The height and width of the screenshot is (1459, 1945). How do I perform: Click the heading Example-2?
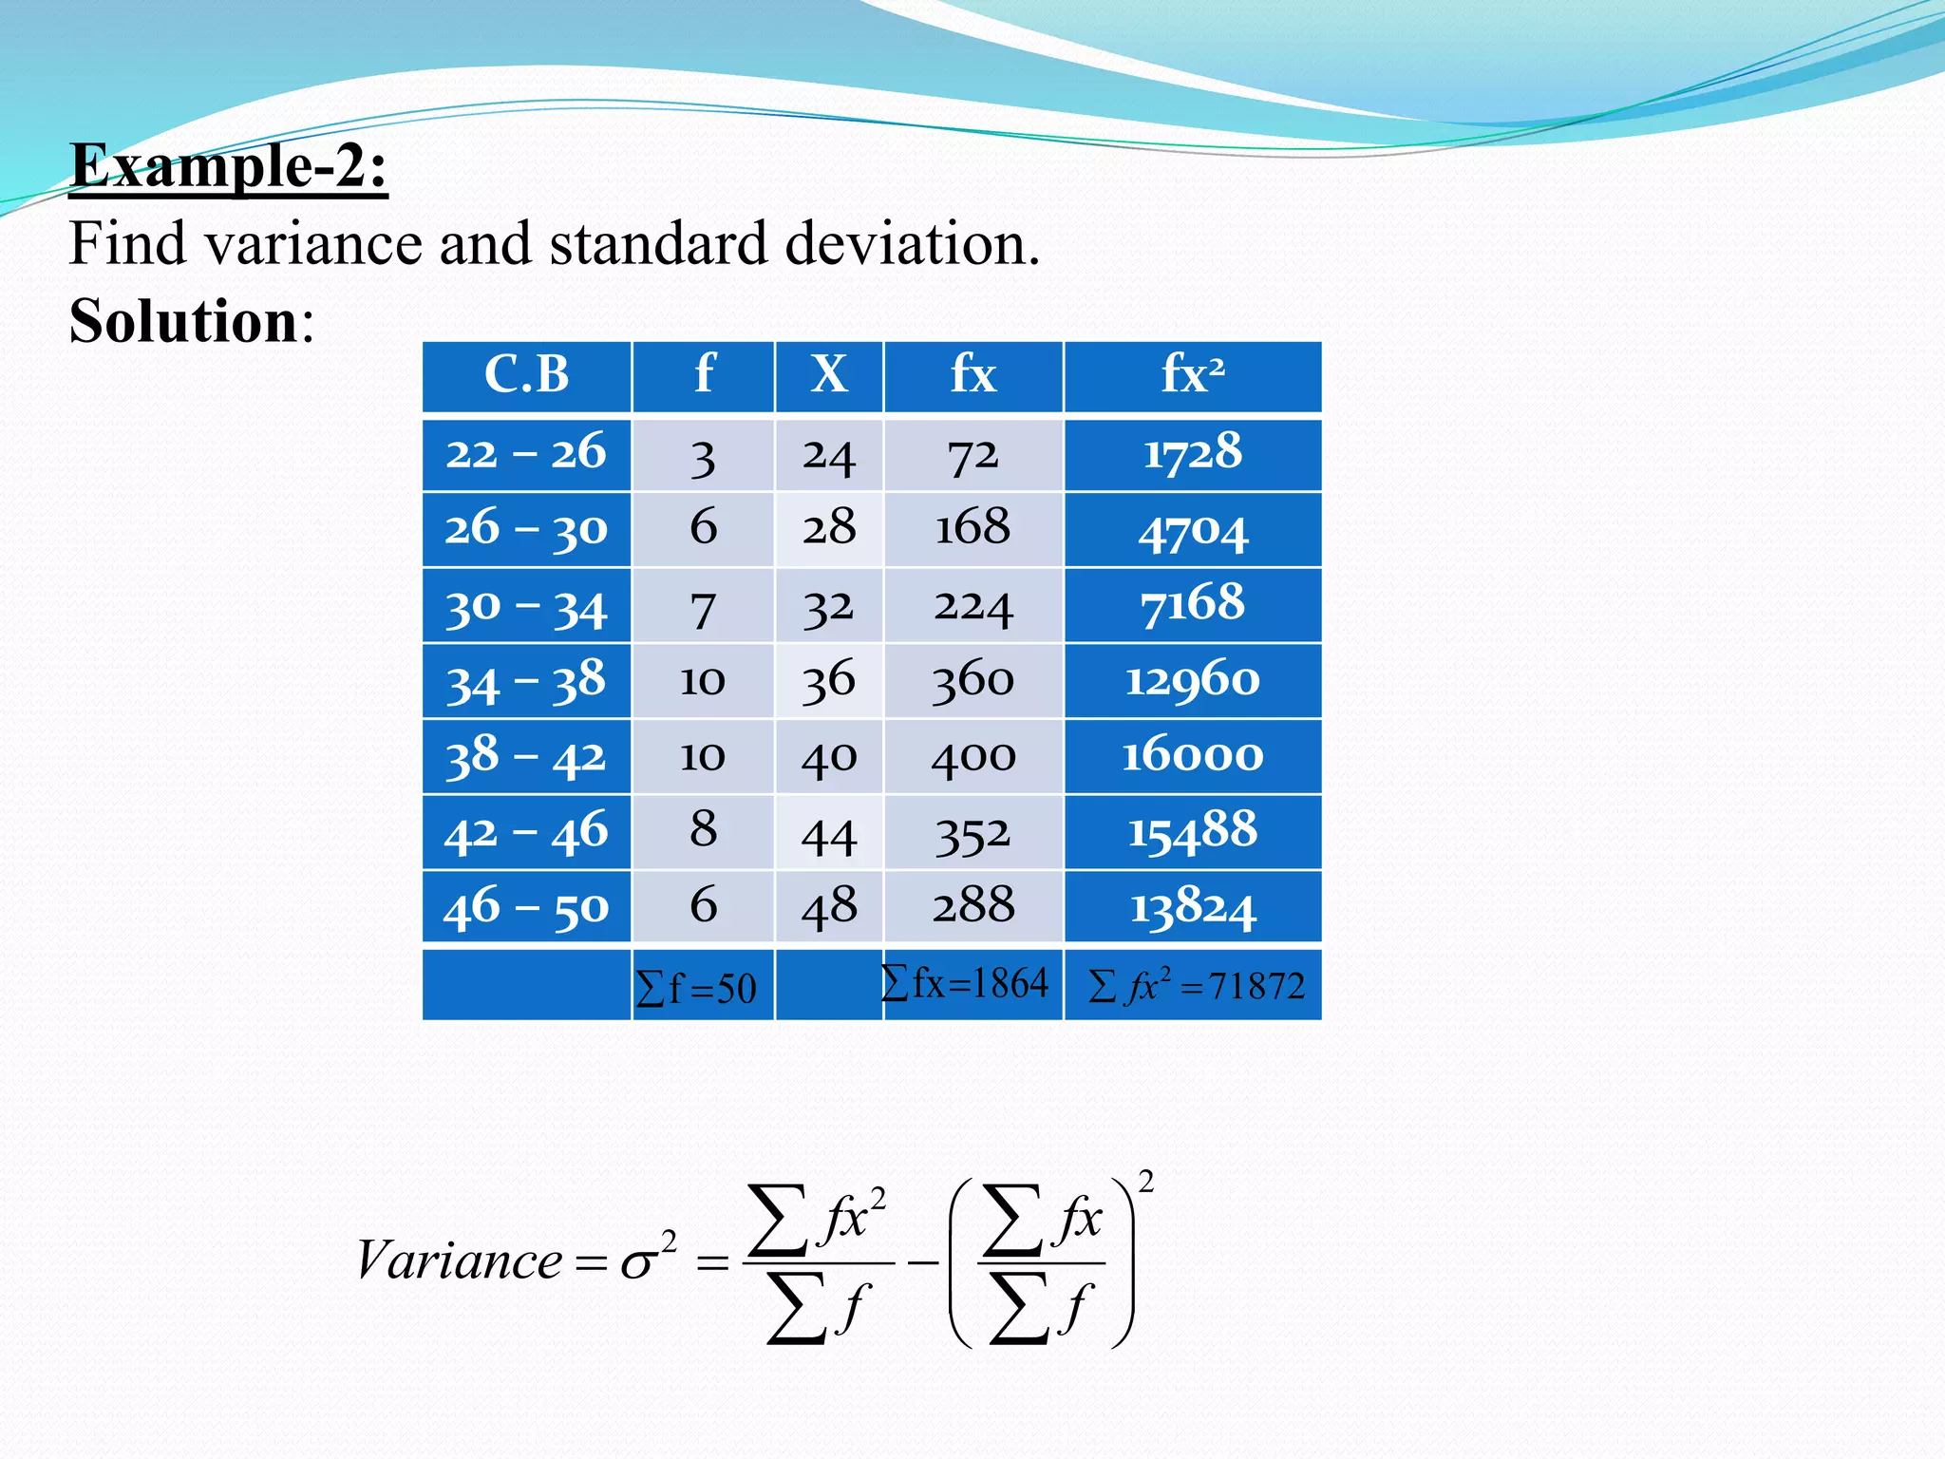click(229, 167)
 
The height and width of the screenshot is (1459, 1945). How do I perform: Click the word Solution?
click(184, 321)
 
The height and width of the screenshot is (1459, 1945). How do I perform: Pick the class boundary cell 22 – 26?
click(526, 453)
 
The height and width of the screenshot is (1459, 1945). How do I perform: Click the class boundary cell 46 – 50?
click(526, 907)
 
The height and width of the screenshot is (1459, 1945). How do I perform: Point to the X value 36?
click(829, 681)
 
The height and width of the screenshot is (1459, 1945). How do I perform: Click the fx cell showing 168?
click(972, 528)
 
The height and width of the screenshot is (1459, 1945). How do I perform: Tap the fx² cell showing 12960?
click(1193, 681)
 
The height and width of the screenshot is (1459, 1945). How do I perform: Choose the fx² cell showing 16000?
click(1193, 756)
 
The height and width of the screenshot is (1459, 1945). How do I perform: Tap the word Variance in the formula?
click(460, 1261)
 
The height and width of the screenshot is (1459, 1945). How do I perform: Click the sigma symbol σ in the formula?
click(639, 1263)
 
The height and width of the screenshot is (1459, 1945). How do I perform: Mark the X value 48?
click(829, 907)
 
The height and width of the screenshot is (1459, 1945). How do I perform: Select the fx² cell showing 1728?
click(1193, 453)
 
